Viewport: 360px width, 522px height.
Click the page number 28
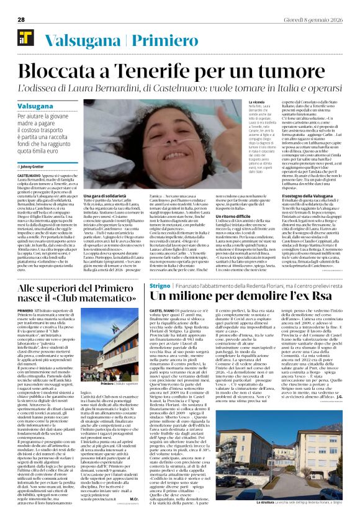click(x=20, y=19)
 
